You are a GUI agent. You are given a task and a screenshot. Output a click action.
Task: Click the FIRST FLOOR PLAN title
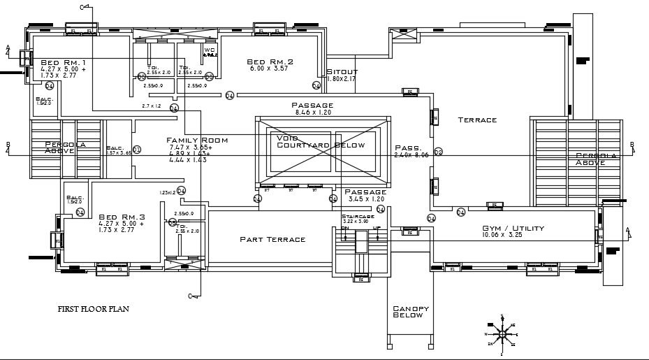coord(94,308)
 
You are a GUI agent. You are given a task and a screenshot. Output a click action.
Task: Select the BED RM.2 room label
coord(270,62)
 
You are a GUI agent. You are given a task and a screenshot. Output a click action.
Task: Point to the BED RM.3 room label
coord(122,217)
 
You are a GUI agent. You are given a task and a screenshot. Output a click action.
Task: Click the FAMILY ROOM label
coord(197,141)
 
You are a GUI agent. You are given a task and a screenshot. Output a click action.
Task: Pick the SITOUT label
coord(342,71)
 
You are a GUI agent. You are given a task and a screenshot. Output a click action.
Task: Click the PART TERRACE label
coord(272,240)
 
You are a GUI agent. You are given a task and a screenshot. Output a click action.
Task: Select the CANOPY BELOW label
coord(410,312)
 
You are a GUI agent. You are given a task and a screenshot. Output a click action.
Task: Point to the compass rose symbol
coord(501,334)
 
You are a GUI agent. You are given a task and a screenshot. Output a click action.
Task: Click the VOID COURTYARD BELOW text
coord(321,142)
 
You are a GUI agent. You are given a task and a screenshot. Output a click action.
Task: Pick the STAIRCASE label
coord(354,217)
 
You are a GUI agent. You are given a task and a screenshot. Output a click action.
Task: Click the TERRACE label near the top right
coord(477,120)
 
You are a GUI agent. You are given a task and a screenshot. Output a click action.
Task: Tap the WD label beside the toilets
coord(210,50)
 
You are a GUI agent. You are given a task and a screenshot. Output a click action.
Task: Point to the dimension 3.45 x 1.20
coord(365,199)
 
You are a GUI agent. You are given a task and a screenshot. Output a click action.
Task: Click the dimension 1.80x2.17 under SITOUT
coord(342,79)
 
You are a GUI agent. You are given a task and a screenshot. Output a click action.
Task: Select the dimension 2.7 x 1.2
coord(152,106)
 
